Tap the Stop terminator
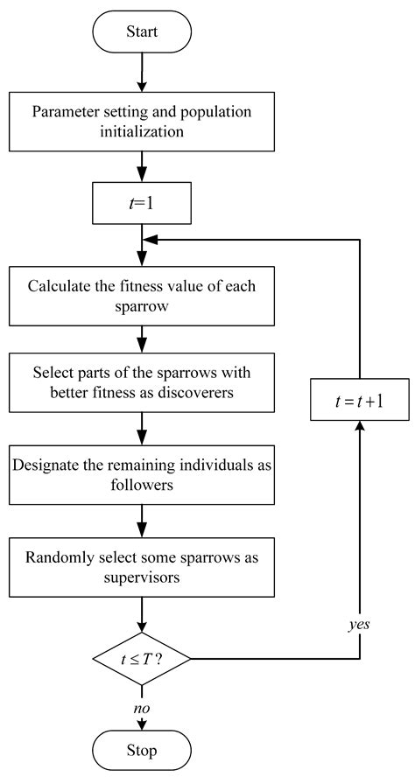[141, 751]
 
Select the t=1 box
[141, 206]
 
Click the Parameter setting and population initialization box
[141, 122]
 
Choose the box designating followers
[141, 472]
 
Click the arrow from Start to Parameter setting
[141, 74]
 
